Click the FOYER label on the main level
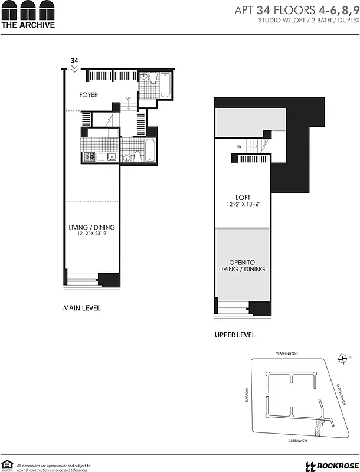pos(89,95)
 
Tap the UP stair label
pos(128,99)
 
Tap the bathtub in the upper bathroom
pos(165,84)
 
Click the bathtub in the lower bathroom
pos(150,150)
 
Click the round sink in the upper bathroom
pos(145,77)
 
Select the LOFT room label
pos(243,198)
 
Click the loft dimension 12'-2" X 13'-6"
pos(243,205)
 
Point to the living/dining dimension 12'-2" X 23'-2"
pos(91,234)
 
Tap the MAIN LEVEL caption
pos(81,308)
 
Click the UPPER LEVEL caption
pos(235,335)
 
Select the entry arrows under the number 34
pos(74,69)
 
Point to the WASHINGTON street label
pos(287,353)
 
